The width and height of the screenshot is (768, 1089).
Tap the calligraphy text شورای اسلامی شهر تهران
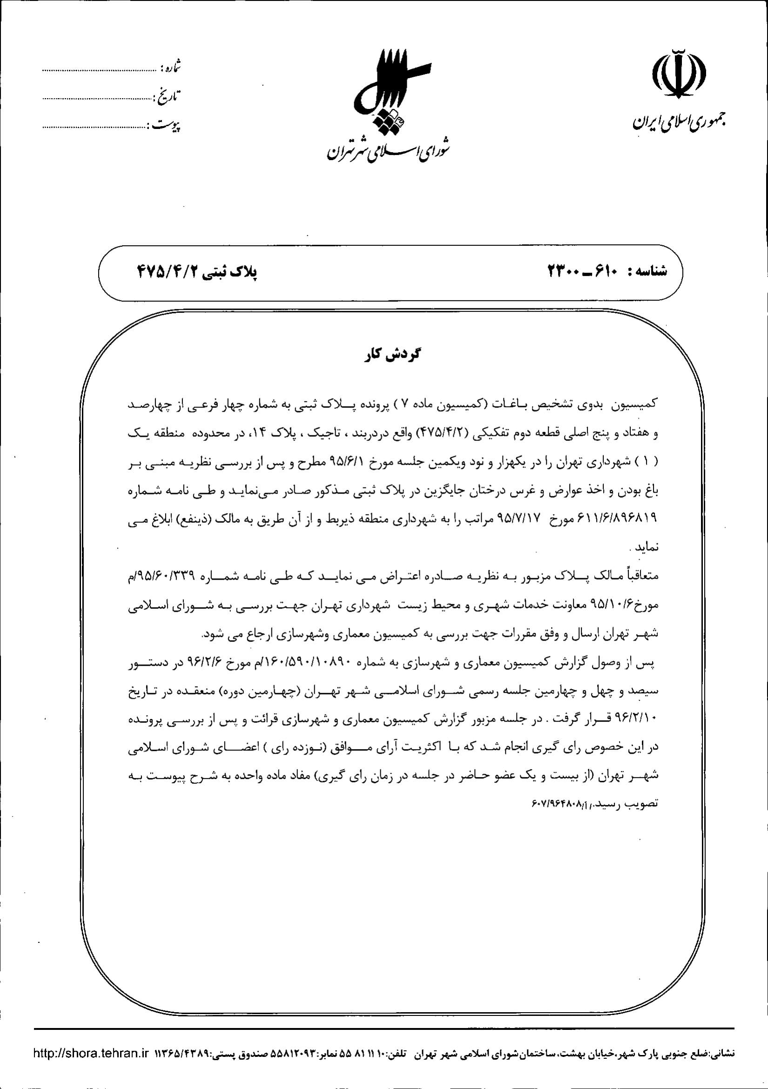388,150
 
